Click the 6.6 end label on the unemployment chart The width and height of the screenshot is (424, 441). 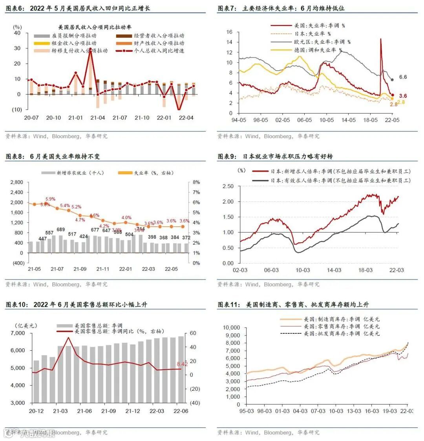pos(403,77)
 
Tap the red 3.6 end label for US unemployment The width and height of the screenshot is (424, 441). pos(403,96)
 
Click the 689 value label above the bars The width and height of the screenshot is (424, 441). pos(61,230)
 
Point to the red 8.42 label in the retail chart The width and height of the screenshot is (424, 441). pos(182,364)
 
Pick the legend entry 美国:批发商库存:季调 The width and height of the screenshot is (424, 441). pos(342,333)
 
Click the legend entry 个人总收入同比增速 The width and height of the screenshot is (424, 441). pos(156,51)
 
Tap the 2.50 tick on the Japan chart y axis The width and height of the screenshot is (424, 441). pos(228,186)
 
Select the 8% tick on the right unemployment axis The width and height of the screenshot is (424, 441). pos(196,182)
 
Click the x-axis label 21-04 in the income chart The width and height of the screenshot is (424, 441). pos(98,118)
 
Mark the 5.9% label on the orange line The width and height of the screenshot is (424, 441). pos(50,199)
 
